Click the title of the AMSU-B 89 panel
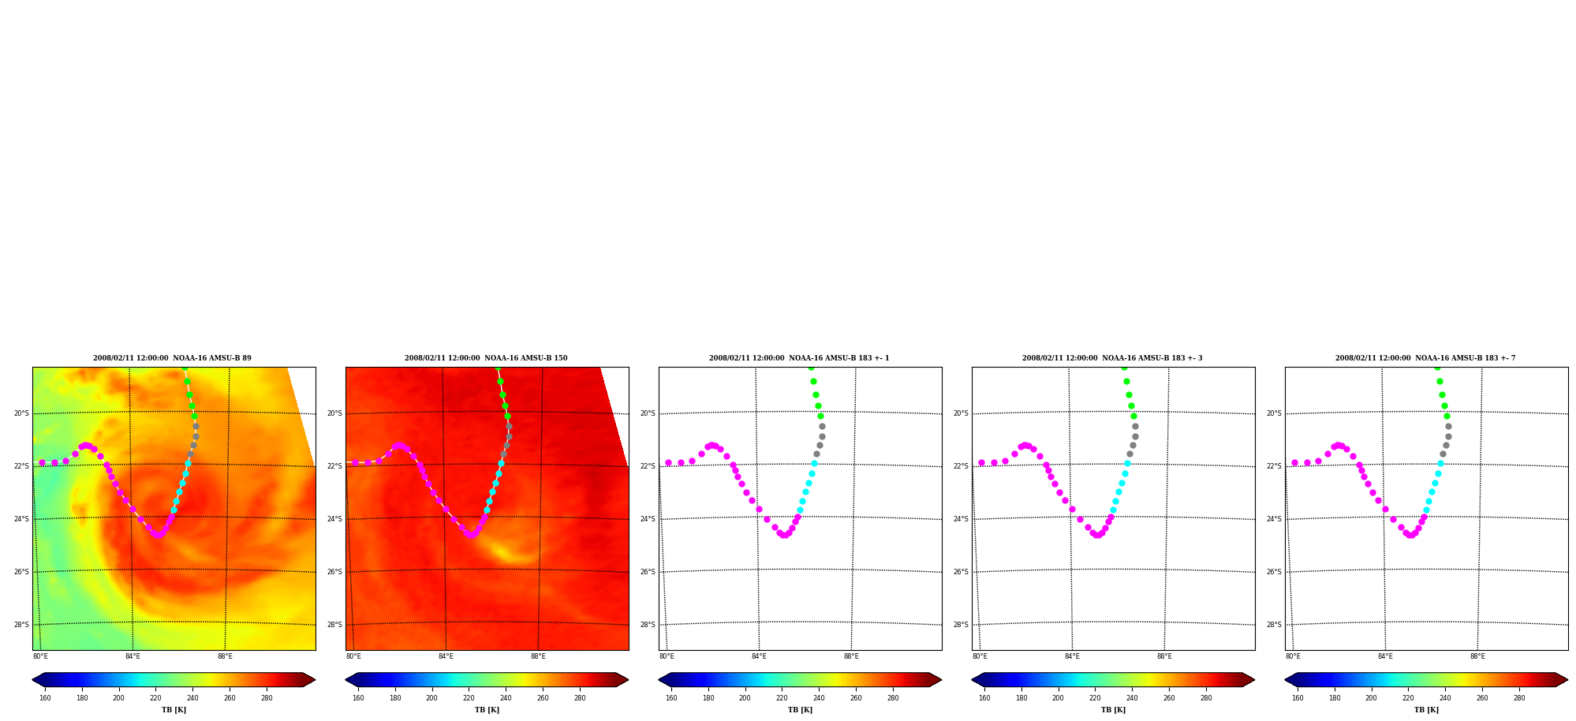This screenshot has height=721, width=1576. point(172,358)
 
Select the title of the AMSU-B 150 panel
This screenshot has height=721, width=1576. point(486,358)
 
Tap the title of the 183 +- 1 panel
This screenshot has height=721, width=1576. point(799,358)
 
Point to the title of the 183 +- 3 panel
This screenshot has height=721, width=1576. point(1112,358)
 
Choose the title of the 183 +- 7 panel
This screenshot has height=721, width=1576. point(1425,358)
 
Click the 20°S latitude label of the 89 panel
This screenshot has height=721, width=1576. point(21,413)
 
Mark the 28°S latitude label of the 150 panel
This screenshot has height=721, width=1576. point(334,625)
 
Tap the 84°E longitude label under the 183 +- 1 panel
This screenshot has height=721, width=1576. point(759,656)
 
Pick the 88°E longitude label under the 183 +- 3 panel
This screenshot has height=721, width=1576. point(1164,656)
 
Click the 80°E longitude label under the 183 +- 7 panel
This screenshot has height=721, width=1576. point(1293,656)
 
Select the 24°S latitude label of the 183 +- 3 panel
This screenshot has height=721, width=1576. point(961,519)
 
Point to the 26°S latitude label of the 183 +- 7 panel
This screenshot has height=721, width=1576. point(1274,572)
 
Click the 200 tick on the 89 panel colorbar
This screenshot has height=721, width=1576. point(118,698)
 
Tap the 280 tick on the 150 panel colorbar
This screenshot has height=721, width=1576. point(580,698)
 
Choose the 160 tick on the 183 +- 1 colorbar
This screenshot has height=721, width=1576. point(671,698)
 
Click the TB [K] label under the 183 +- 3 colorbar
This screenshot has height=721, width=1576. point(1113,710)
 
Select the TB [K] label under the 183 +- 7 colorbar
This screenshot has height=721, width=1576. point(1426,710)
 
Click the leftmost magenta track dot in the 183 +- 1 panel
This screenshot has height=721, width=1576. point(668,463)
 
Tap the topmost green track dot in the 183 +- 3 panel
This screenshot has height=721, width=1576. point(1124,368)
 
